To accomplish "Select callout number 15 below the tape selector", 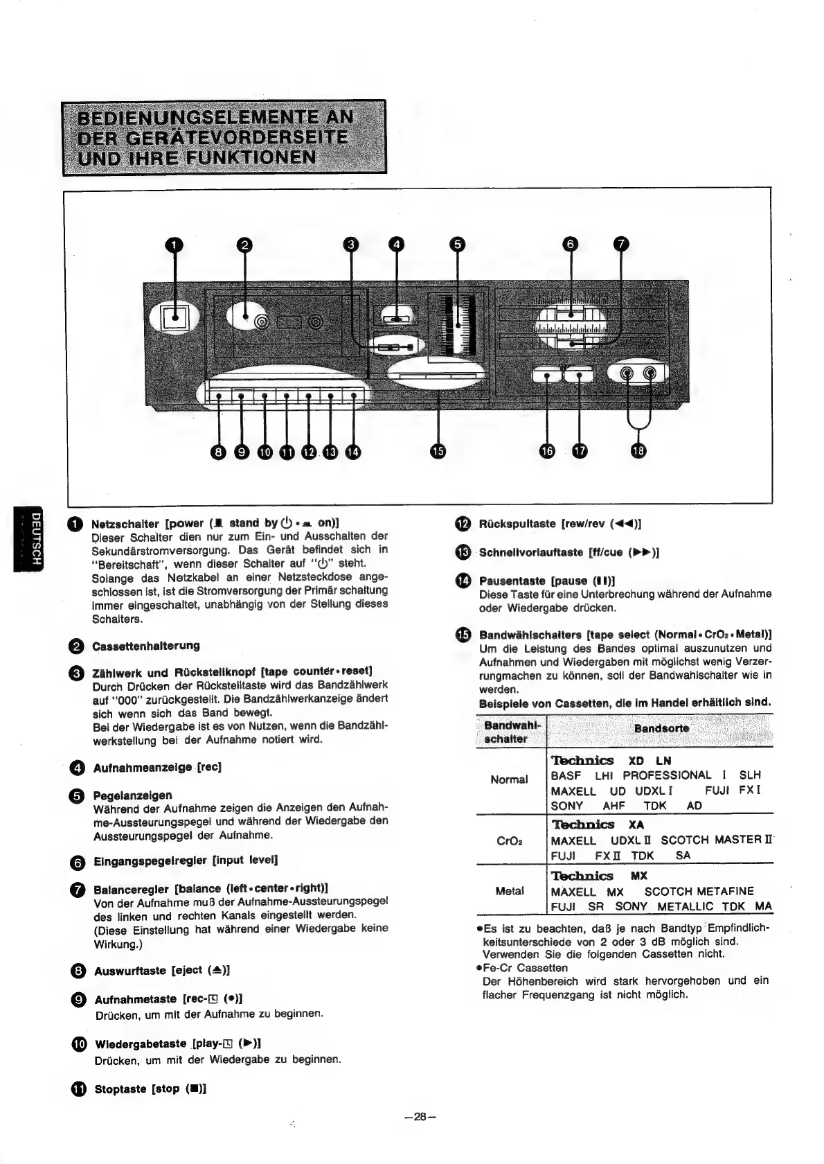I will tap(438, 451).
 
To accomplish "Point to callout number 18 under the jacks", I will tap(638, 451).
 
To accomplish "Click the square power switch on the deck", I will tap(174, 317).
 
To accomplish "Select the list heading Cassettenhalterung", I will tap(146, 646).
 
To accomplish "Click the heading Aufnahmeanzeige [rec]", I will tap(157, 768).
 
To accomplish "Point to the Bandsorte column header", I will tap(661, 729).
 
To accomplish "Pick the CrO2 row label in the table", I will tap(510, 842).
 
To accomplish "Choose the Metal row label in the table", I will tap(510, 891).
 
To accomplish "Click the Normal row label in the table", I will tap(509, 779).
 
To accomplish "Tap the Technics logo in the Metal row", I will tap(582, 876).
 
